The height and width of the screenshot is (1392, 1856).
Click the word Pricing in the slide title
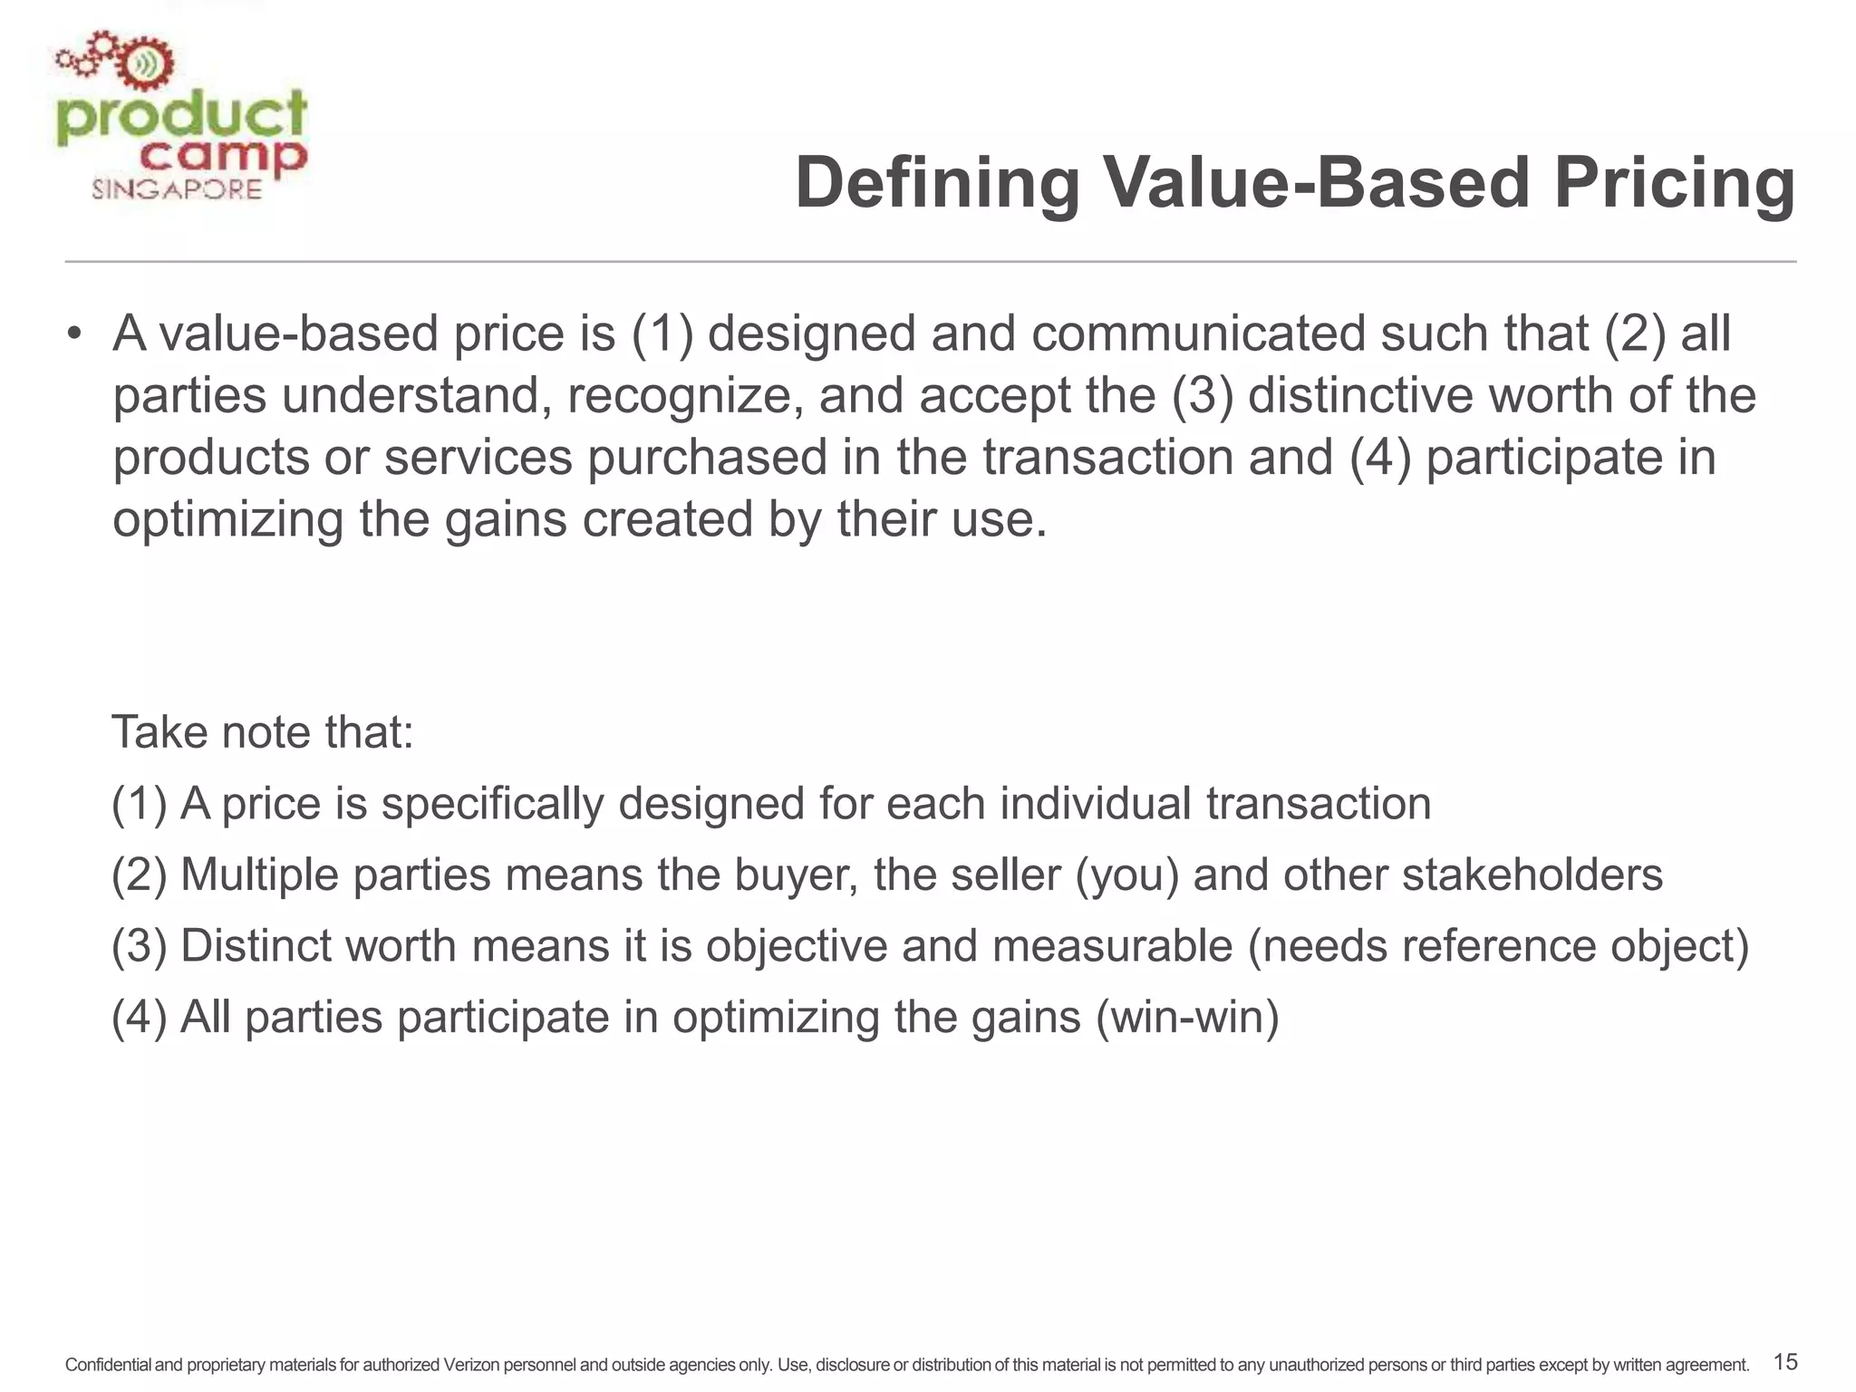pos(1675,184)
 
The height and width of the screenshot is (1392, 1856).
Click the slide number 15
pos(1784,1362)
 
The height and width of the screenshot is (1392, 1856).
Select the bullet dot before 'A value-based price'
pos(74,335)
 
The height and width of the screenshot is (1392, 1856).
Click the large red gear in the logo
pos(145,64)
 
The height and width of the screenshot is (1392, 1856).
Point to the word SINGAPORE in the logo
pos(177,189)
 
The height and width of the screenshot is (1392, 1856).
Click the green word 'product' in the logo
pos(181,119)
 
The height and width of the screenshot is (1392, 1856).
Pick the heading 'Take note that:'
pos(262,732)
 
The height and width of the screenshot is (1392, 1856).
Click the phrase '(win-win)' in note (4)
pos(1187,1017)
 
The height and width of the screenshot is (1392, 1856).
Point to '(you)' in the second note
pos(1127,875)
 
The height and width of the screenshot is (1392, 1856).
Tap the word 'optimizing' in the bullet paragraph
pos(227,520)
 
